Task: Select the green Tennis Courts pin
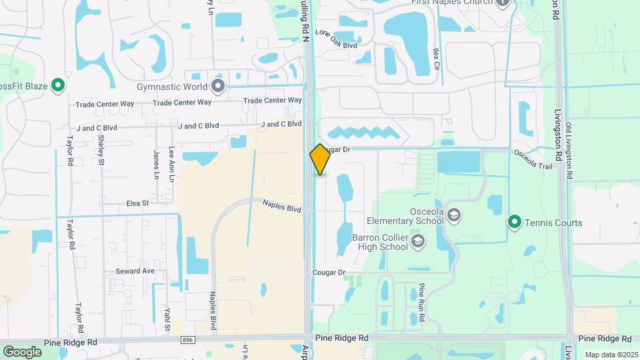pyautogui.click(x=514, y=222)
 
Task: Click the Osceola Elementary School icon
pyautogui.click(x=454, y=215)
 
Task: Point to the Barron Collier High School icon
pyautogui.click(x=418, y=241)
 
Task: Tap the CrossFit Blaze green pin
pyautogui.click(x=58, y=85)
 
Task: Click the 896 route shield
pyautogui.click(x=189, y=340)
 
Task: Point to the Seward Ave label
pyautogui.click(x=135, y=271)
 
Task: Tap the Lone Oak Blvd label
pyautogui.click(x=336, y=39)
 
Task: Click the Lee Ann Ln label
pyautogui.click(x=171, y=165)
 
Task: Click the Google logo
pyautogui.click(x=22, y=351)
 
